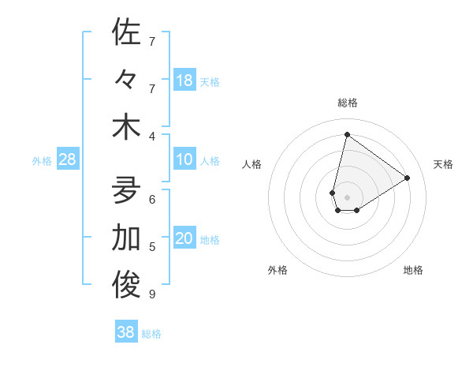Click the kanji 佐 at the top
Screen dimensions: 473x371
(126, 32)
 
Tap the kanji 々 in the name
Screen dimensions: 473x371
(126, 81)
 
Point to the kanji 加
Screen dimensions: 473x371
(126, 238)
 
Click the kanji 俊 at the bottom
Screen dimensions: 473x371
(126, 287)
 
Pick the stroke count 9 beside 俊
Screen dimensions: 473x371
(152, 295)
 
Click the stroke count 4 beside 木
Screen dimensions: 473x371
(152, 136)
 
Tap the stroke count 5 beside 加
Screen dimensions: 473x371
(152, 247)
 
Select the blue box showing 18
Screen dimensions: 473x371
(184, 80)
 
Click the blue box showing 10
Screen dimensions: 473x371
(184, 159)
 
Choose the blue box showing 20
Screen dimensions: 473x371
(184, 239)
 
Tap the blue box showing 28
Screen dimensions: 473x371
(68, 159)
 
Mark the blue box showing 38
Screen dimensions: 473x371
(126, 332)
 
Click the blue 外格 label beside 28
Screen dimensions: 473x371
(42, 161)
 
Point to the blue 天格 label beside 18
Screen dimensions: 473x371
(210, 81)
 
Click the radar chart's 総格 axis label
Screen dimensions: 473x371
(348, 103)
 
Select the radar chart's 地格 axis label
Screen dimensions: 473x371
(413, 270)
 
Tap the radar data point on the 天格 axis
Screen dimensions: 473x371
(408, 178)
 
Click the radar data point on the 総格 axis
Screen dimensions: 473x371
(347, 134)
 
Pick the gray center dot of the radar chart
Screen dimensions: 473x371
(347, 197)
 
